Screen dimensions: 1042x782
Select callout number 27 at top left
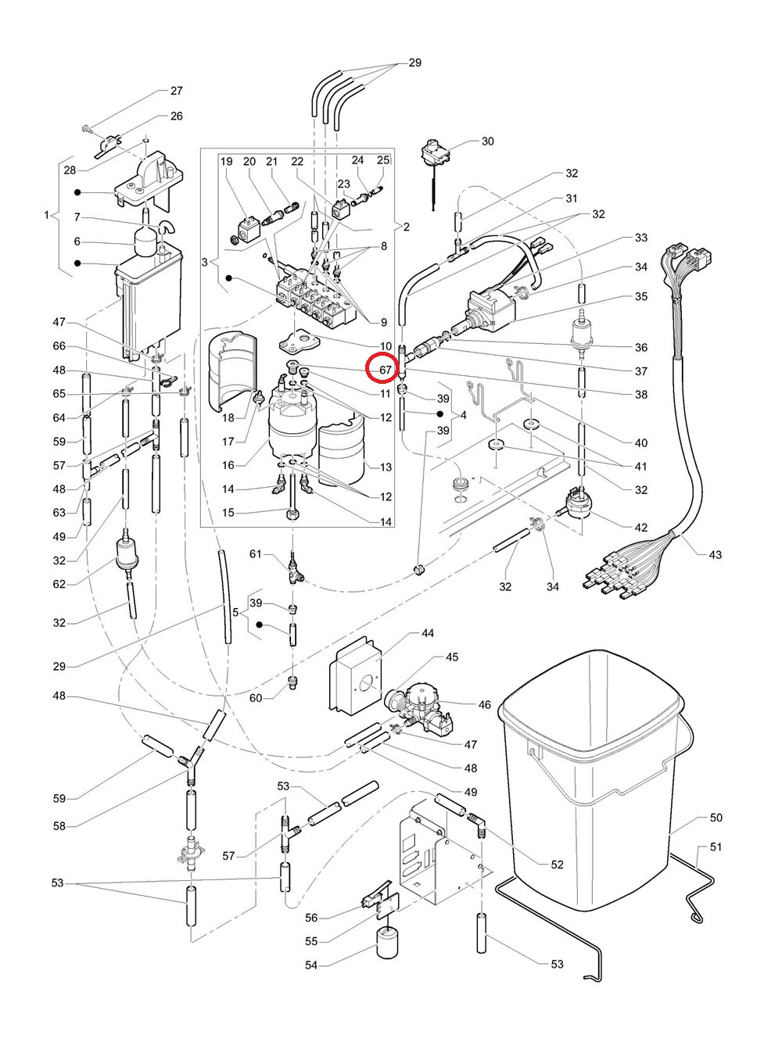point(176,91)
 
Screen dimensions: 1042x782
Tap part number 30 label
point(487,141)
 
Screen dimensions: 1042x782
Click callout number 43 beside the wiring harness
point(715,555)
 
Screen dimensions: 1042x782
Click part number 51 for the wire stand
point(716,847)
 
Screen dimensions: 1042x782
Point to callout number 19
point(227,162)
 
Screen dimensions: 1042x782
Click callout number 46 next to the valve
point(484,704)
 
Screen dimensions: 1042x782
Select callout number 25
point(382,160)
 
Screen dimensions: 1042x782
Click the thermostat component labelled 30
point(432,152)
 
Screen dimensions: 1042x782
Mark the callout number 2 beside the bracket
point(406,227)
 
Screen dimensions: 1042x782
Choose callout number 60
point(256,697)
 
